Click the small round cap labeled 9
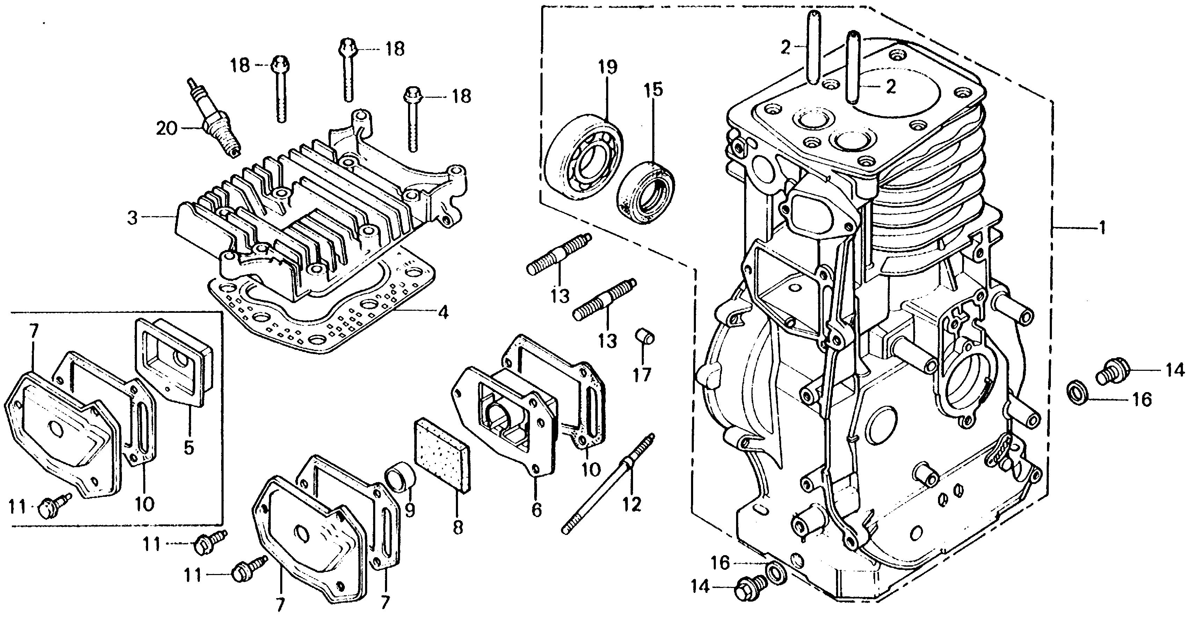[400, 474]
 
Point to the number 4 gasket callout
[443, 313]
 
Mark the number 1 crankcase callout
[1103, 228]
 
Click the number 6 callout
[536, 510]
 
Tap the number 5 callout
[188, 448]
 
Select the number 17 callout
[642, 374]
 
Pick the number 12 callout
[632, 504]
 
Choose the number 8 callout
[457, 527]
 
